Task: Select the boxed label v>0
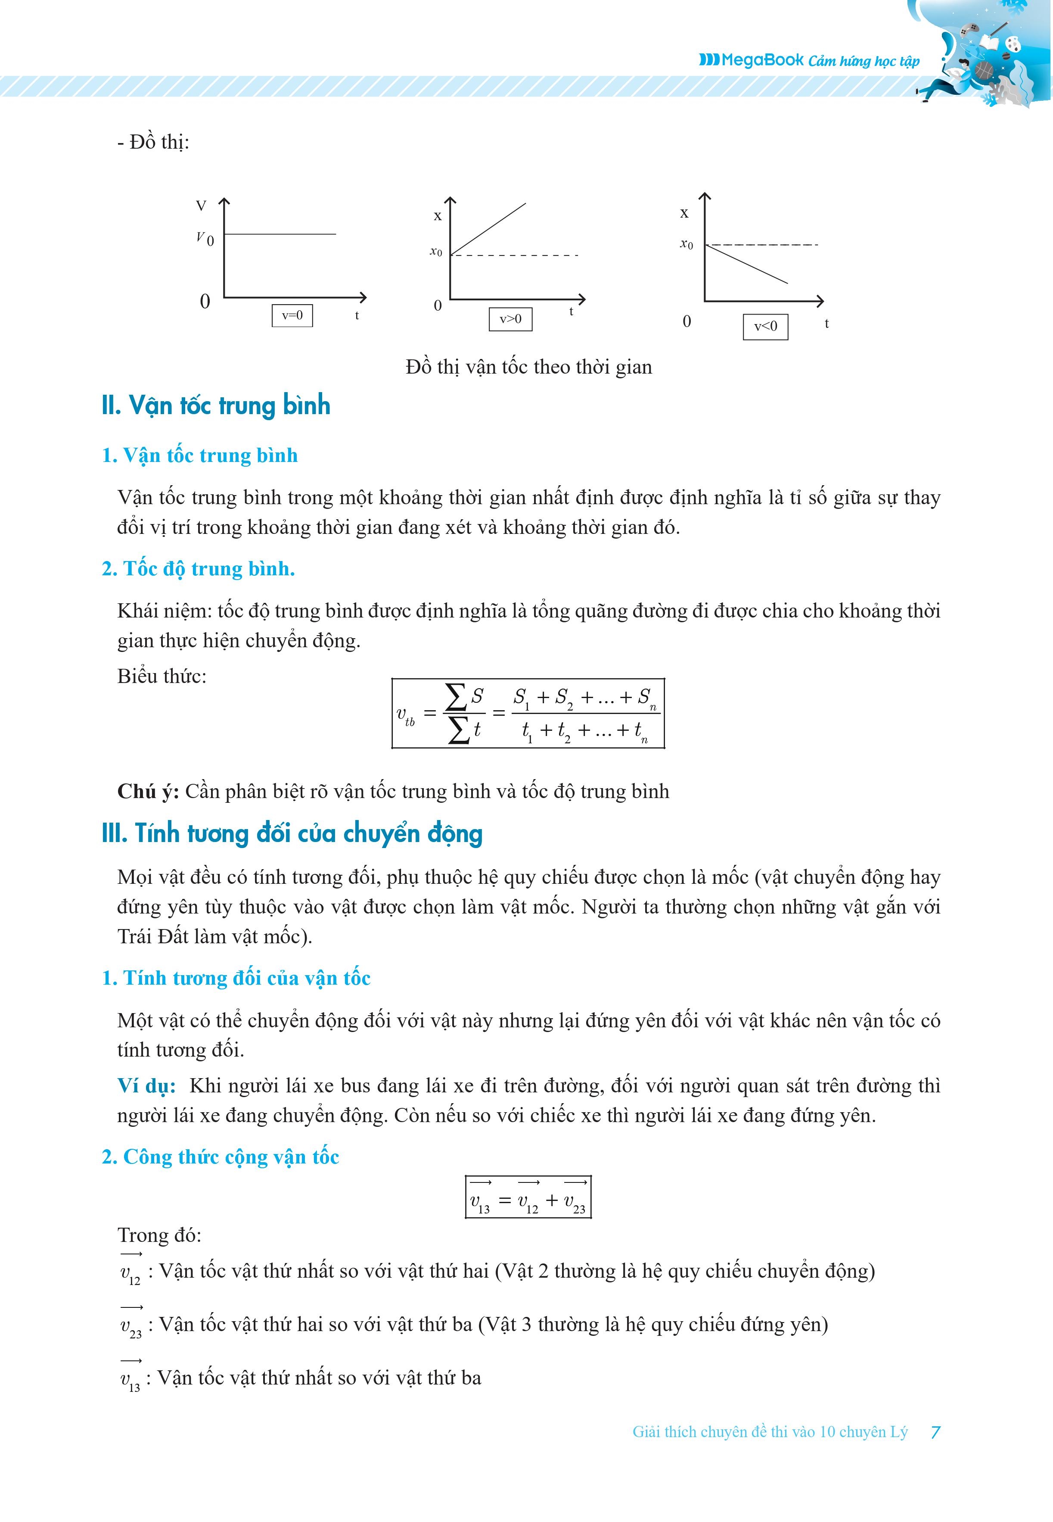pyautogui.click(x=510, y=319)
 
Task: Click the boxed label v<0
pyautogui.click(x=765, y=326)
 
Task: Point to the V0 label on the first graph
pyautogui.click(x=205, y=238)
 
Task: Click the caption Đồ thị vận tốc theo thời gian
pyautogui.click(x=528, y=367)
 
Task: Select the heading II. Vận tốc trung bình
pyautogui.click(x=216, y=405)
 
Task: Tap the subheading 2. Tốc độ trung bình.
pyautogui.click(x=198, y=568)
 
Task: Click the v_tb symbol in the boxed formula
pyautogui.click(x=405, y=715)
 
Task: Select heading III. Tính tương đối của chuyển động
pyautogui.click(x=292, y=833)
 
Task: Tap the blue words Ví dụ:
pyautogui.click(x=146, y=1086)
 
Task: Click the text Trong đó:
pyautogui.click(x=159, y=1235)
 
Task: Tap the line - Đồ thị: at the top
pyautogui.click(x=153, y=142)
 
